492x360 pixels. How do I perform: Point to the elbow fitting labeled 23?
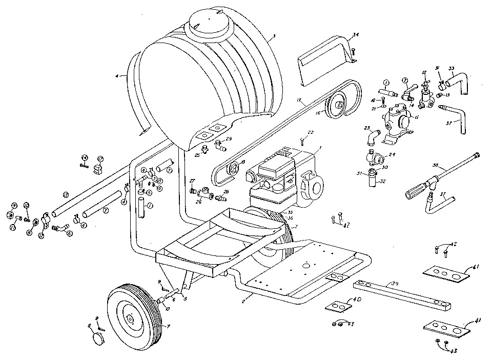point(372,136)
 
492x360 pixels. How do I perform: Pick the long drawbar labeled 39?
point(403,295)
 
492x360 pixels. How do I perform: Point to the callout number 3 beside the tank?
point(274,36)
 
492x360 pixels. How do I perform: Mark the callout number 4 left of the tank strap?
point(117,76)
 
